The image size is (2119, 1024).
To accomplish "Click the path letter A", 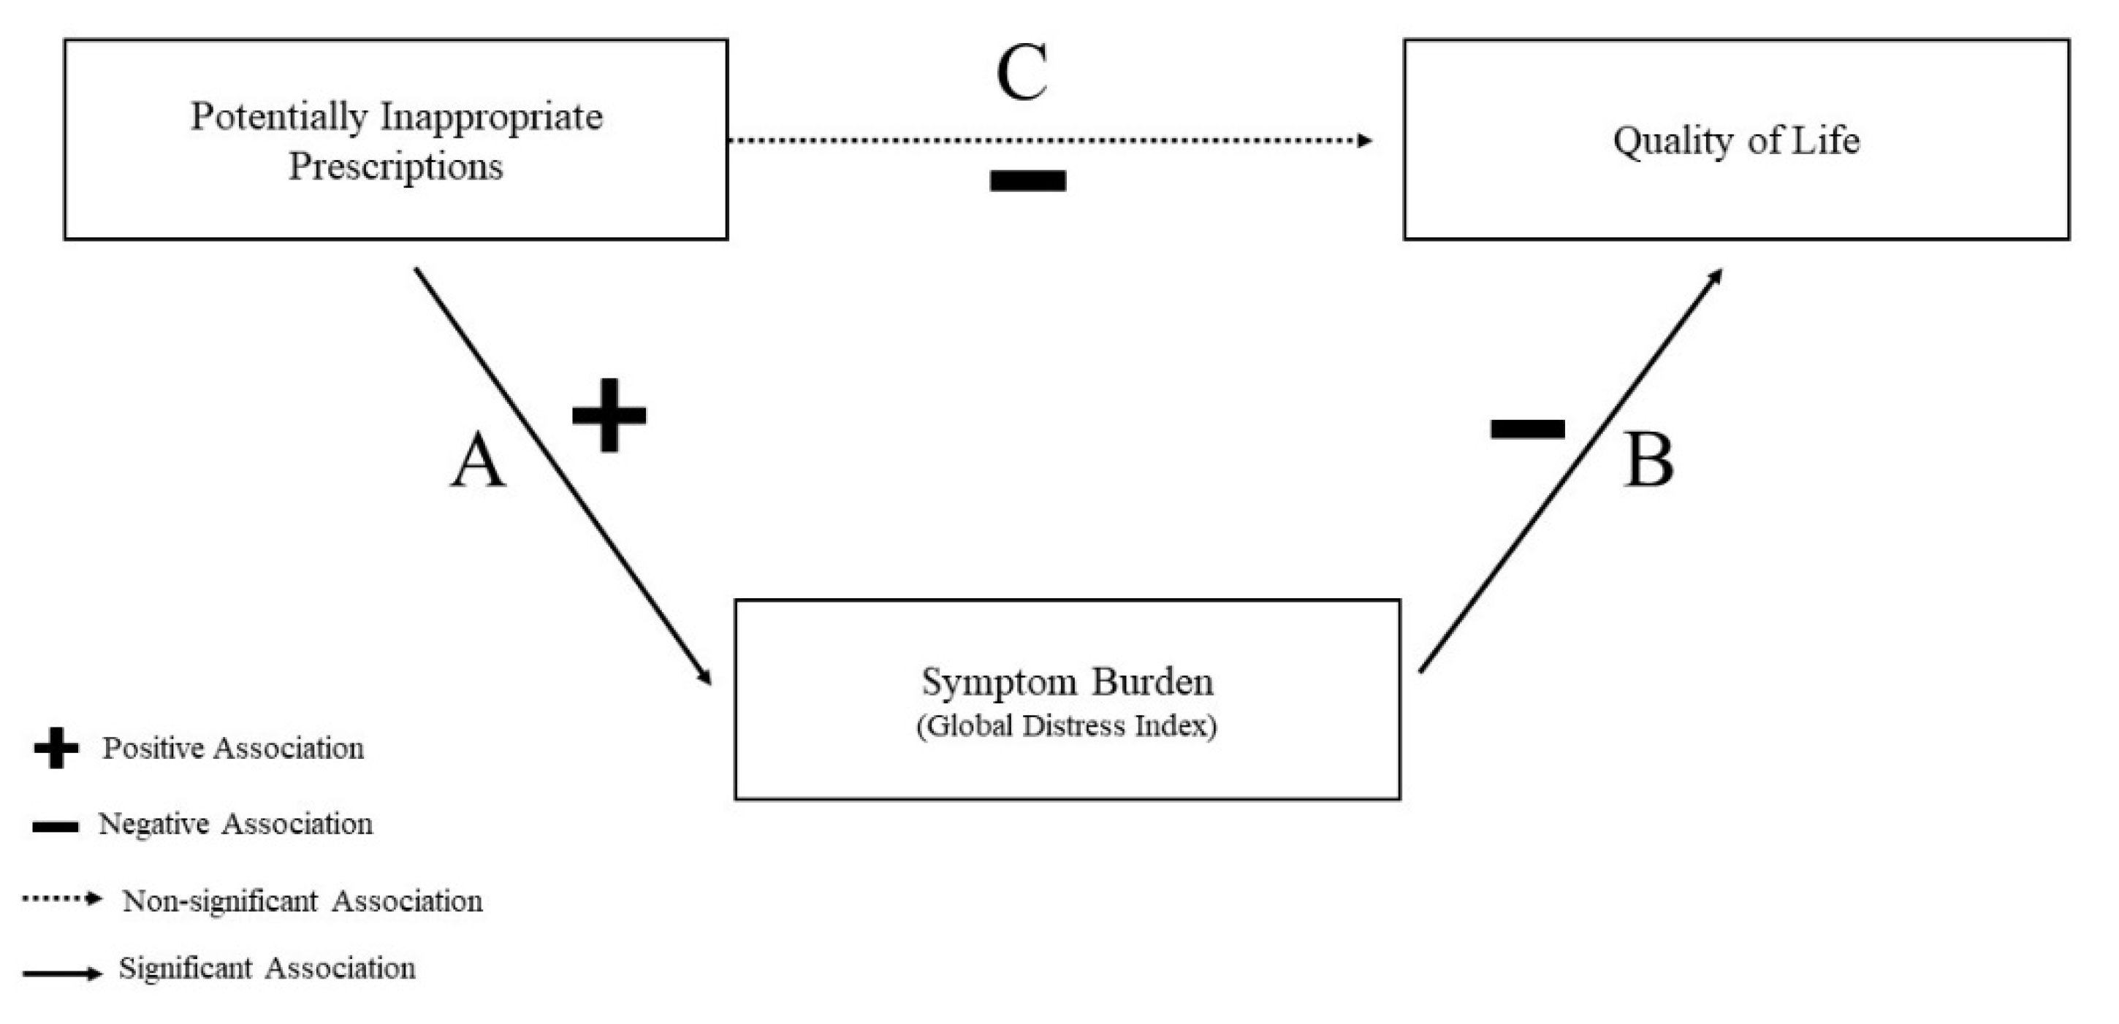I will coord(478,462).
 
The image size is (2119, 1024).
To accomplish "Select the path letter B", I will coord(1648,462).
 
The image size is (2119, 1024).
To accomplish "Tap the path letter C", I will coord(1022,72).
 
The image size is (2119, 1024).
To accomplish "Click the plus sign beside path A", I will coord(609,416).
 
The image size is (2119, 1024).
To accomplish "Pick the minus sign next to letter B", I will coord(1528,429).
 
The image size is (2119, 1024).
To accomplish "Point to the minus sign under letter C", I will coord(1027,180).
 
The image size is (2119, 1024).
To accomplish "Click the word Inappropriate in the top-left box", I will coord(491,117).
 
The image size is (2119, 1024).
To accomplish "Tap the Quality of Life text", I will coord(1735,141).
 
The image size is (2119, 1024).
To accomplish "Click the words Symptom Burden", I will coord(1067,682).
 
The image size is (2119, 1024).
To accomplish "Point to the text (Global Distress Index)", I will coord(1067,726).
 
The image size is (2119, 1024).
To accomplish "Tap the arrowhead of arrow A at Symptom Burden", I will coord(705,677).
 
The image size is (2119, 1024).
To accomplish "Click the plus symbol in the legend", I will coord(56,749).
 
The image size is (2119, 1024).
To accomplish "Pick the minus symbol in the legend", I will coord(55,827).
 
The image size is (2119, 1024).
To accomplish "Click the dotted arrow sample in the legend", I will coord(61,899).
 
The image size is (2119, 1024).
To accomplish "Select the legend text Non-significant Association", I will coord(302,901).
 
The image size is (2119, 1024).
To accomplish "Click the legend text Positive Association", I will coord(233,749).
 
